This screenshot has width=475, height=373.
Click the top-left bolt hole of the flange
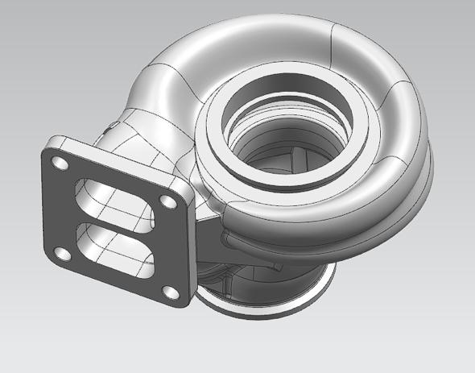59,164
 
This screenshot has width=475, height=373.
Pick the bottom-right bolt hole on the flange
168,290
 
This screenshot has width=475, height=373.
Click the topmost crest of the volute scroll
266,24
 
